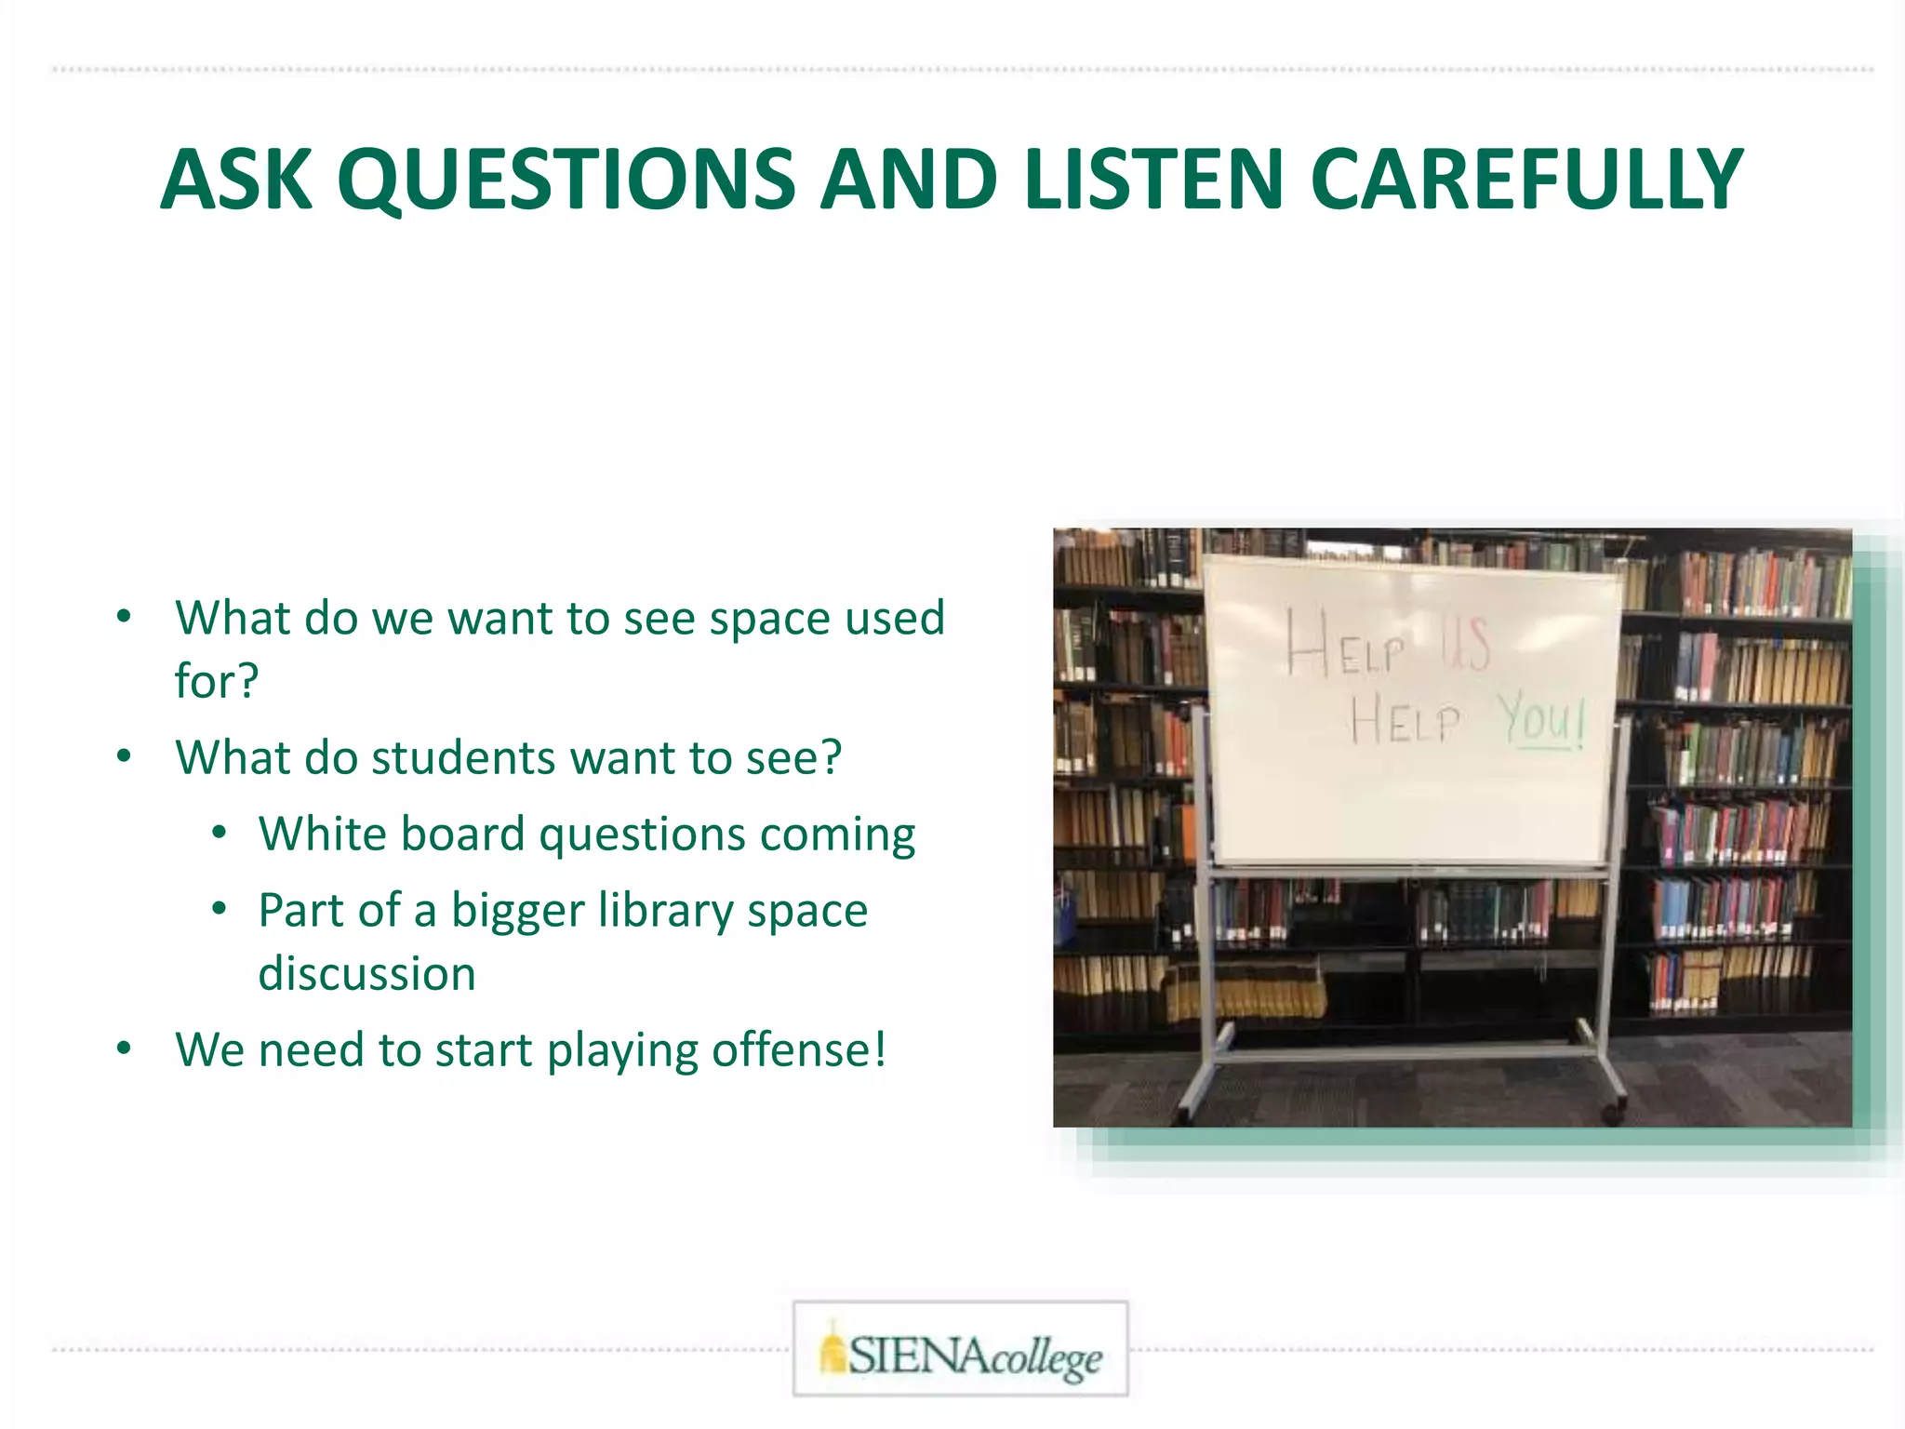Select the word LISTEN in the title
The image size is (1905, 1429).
tap(1154, 180)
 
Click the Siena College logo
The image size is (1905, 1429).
tap(960, 1349)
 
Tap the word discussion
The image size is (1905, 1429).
tap(366, 973)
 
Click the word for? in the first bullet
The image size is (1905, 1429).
tap(216, 680)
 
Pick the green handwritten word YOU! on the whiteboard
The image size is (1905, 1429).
tap(1541, 721)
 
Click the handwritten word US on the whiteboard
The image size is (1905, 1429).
tap(1466, 642)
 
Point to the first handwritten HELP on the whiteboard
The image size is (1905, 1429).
tap(1345, 644)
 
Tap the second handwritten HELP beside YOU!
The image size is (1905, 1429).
tap(1405, 720)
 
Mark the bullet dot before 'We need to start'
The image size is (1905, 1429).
tap(125, 1049)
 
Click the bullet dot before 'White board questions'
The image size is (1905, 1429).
tap(219, 833)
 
